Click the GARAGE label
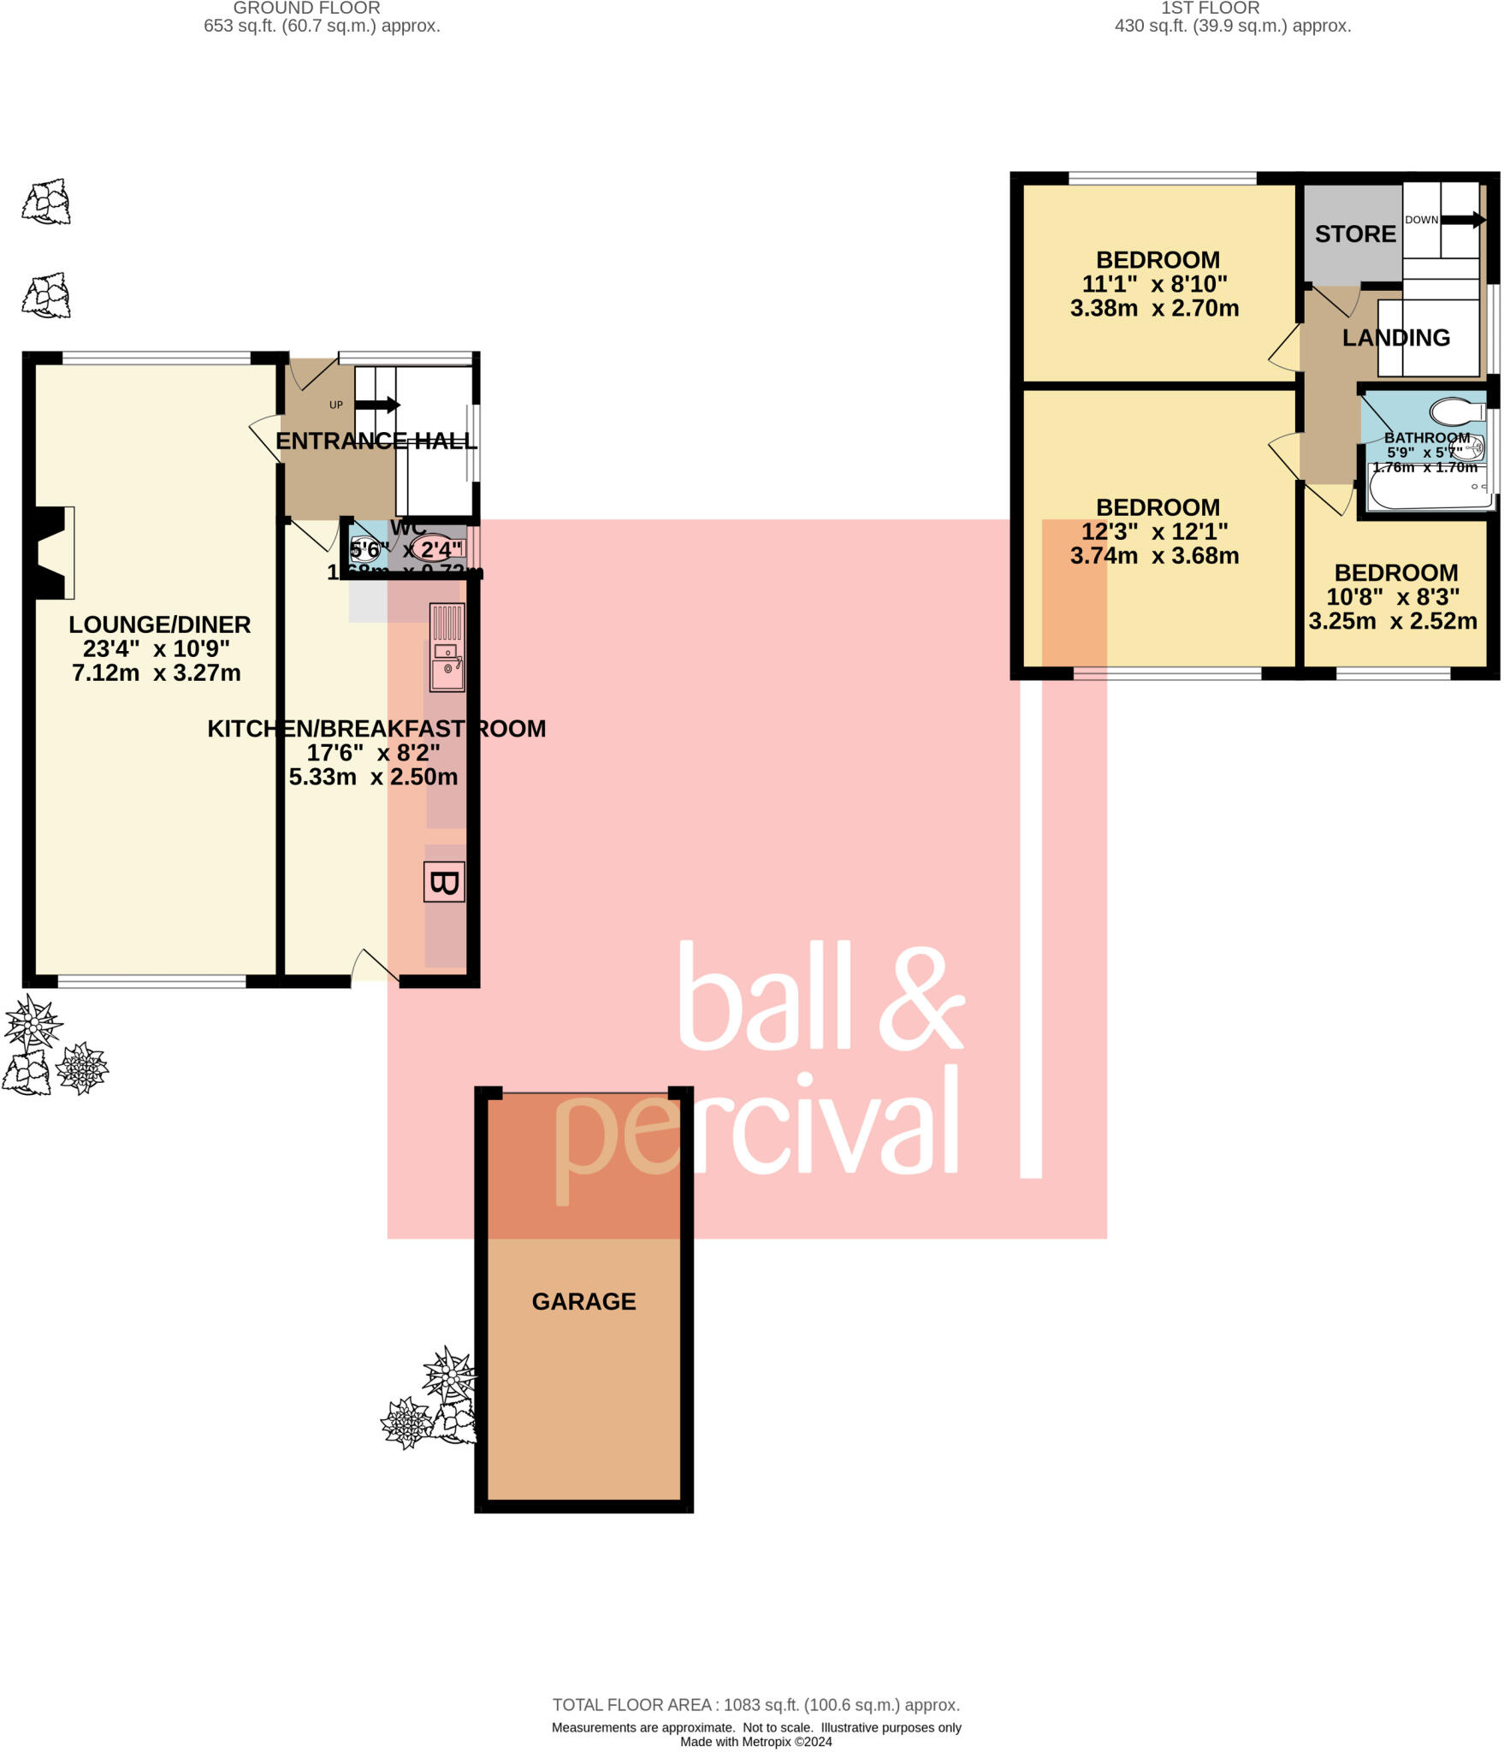[x=583, y=1301]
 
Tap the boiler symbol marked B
[x=444, y=882]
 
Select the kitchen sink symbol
[x=447, y=648]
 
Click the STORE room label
[x=1355, y=234]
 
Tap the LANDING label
[x=1395, y=338]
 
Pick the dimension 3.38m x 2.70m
[x=1154, y=308]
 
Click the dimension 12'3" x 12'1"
[x=1154, y=531]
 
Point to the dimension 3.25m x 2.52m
[x=1392, y=621]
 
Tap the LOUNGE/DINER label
[x=160, y=624]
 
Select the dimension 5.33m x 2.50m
[x=373, y=777]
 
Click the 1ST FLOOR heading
[x=1210, y=8]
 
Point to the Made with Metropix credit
[x=755, y=1742]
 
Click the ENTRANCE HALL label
[x=376, y=441]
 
